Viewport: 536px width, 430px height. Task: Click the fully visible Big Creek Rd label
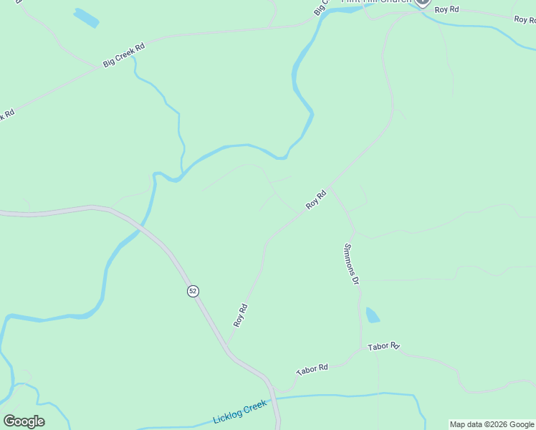tap(124, 55)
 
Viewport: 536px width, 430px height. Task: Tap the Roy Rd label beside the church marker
tap(446, 9)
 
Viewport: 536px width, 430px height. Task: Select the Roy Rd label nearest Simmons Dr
tap(316, 199)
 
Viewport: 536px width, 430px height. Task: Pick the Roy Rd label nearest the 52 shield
tap(240, 315)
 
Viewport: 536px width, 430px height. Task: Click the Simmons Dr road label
tap(351, 264)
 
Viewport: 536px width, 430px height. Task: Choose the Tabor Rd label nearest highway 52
tap(312, 369)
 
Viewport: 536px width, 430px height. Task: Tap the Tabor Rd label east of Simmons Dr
tap(383, 347)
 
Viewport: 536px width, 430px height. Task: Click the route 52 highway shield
tap(193, 290)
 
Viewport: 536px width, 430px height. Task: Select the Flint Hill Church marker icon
tap(422, 3)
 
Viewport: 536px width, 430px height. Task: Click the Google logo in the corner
tap(24, 421)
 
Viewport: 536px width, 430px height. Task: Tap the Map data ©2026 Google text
tap(492, 424)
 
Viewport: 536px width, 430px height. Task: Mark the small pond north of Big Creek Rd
tap(85, 17)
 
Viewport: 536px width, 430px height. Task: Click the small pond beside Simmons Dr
tap(373, 315)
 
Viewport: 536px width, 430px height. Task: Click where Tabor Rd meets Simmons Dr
tap(360, 350)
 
